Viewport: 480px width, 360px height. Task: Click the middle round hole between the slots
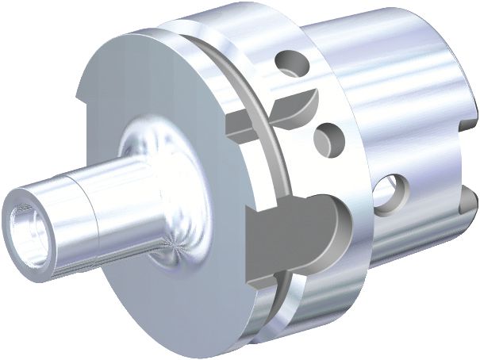tap(325, 140)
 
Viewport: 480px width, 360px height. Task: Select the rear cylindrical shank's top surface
tap(381, 32)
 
